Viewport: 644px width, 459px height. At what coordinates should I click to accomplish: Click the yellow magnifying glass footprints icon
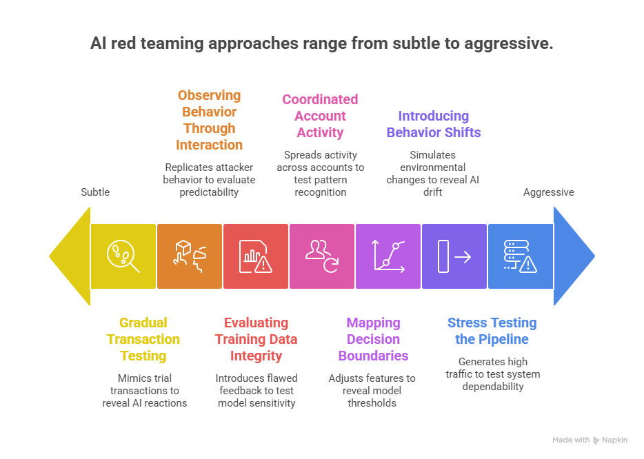(123, 256)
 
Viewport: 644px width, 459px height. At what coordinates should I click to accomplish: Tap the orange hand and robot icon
(189, 256)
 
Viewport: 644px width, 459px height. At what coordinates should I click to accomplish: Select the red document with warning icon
(255, 256)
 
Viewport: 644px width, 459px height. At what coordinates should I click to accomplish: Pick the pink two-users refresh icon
(321, 256)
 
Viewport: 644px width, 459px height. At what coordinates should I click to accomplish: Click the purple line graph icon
(388, 256)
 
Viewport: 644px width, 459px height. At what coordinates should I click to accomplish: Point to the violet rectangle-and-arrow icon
(454, 256)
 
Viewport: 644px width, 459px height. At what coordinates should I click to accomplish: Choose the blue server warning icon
(520, 256)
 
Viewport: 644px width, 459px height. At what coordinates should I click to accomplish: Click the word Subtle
(95, 192)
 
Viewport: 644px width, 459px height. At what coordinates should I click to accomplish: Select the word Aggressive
(549, 192)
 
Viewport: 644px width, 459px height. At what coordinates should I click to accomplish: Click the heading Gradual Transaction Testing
(143, 339)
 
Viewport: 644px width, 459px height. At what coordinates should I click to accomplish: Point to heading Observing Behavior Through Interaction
(209, 120)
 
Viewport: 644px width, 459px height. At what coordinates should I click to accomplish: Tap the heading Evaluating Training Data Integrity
(256, 339)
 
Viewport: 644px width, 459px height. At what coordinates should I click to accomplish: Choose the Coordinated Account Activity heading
(320, 116)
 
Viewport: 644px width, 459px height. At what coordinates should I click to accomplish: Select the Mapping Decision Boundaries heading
(373, 339)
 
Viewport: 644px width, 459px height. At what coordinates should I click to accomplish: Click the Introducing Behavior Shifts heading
(433, 124)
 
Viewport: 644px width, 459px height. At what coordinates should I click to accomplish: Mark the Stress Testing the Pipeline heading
(492, 331)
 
